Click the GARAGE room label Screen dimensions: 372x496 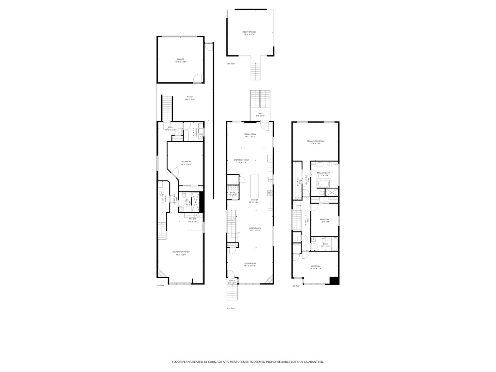[x=180, y=59]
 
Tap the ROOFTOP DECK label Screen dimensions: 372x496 [x=249, y=32]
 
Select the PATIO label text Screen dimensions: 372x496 [x=190, y=97]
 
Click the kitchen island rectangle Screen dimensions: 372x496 [x=255, y=186]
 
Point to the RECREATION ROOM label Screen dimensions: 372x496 [x=181, y=252]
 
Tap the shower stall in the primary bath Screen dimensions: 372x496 [x=332, y=193]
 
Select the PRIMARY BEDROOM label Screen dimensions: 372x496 [x=316, y=141]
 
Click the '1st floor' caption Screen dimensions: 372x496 [x=161, y=286]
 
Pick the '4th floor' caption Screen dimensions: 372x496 [x=296, y=286]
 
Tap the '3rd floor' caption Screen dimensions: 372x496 [x=231, y=64]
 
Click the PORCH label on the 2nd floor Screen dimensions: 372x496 [x=232, y=281]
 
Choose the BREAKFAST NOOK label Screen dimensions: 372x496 [x=241, y=160]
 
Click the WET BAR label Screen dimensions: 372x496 [x=192, y=219]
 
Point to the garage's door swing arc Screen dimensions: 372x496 [x=197, y=79]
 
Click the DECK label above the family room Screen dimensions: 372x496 [x=260, y=113]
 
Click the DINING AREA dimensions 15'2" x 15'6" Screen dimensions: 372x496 [x=255, y=230]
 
